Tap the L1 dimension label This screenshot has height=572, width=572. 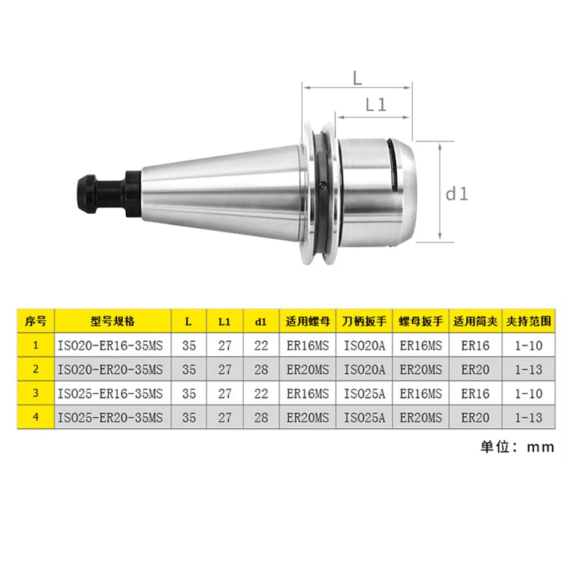[375, 105]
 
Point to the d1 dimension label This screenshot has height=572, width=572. [457, 193]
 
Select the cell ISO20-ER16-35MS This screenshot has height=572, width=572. [112, 345]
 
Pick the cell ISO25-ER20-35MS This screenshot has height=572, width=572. [112, 416]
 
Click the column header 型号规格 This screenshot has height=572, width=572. [112, 321]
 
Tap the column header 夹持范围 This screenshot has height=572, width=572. [528, 321]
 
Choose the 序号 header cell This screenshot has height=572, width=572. [35, 321]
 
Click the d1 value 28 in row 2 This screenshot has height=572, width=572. [260, 369]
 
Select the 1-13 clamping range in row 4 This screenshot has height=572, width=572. [528, 416]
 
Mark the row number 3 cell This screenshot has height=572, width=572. [35, 393]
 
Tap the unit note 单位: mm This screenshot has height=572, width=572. [517, 447]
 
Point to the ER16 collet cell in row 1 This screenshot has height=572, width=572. [475, 345]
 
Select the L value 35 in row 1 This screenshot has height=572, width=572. [189, 345]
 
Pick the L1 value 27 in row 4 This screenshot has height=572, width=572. [225, 416]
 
